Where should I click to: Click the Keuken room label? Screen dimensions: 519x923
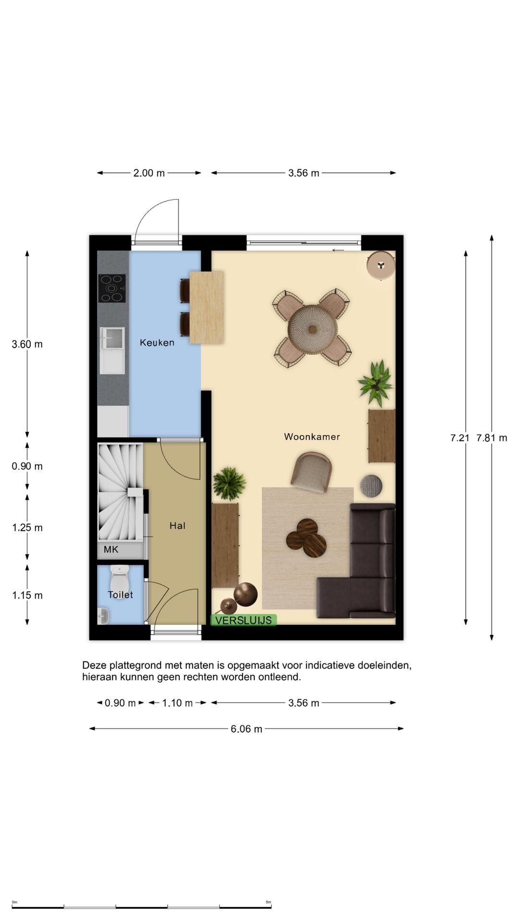pos(157,343)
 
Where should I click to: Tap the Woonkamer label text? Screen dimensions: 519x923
pos(312,437)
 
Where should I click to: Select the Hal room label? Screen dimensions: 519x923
pos(177,526)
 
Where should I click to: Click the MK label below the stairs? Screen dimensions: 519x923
pos(111,549)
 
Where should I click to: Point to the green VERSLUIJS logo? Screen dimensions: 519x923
pos(243,620)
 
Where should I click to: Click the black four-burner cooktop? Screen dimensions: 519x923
pos(112,288)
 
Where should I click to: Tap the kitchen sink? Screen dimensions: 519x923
pos(112,350)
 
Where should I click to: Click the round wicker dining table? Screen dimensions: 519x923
pos(313,329)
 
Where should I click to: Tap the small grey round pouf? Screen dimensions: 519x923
pos(371,486)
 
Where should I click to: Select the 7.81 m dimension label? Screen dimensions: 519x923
pos(492,438)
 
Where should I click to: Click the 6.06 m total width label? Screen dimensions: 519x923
pos(247,729)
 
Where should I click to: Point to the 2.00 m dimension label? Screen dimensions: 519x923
pos(149,173)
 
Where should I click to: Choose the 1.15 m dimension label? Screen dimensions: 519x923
pos(27,596)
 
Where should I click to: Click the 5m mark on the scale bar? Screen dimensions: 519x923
pos(268,902)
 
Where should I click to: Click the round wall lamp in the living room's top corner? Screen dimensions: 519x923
pos(381,264)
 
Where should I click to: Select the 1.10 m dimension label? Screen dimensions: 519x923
pos(177,703)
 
